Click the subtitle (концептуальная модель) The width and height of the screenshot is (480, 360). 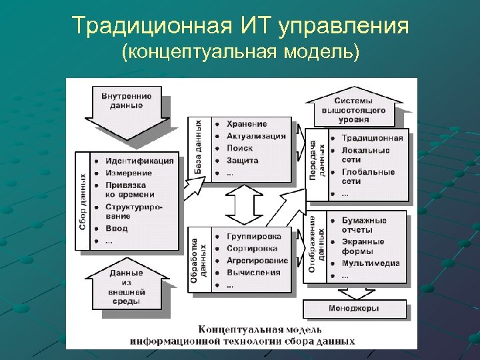pyautogui.click(x=240, y=52)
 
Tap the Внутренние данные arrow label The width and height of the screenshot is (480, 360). pyautogui.click(x=127, y=101)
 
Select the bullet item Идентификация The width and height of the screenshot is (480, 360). pyautogui.click(x=139, y=161)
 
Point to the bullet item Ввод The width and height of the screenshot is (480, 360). pyautogui.click(x=117, y=229)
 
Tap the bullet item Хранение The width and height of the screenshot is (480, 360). pyautogui.click(x=247, y=124)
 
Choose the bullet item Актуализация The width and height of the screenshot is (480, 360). pyautogui.click(x=256, y=136)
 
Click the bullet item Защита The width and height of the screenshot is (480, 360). pyautogui.click(x=242, y=161)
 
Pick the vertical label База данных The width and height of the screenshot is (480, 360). pyautogui.click(x=199, y=148)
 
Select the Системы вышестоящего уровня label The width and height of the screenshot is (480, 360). pyautogui.click(x=353, y=109)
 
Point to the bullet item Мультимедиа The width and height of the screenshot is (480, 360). pyautogui.click(x=371, y=263)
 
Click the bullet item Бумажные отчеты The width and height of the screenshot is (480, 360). pyautogui.click(x=364, y=225)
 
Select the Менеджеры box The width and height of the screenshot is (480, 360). pyautogui.click(x=353, y=309)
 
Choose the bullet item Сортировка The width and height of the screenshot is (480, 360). pyautogui.click(x=252, y=248)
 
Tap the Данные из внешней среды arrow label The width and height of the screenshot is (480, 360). pyautogui.click(x=127, y=287)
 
